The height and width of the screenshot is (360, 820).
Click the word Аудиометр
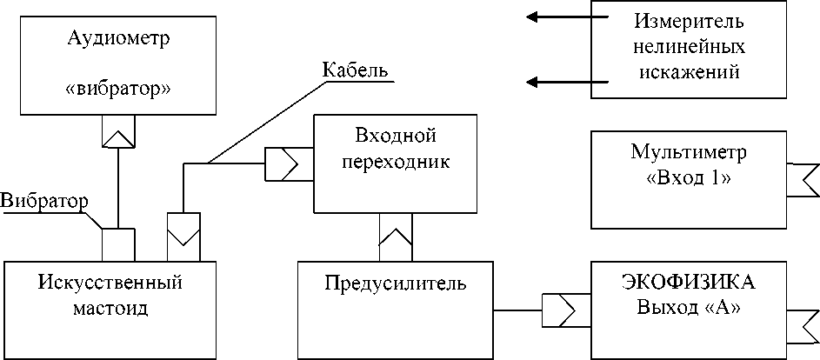click(119, 40)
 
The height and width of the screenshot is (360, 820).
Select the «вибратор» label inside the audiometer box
click(119, 89)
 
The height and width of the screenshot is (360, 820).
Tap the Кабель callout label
click(356, 70)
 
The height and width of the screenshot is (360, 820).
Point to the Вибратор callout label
click(44, 202)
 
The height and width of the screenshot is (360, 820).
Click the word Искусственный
click(110, 283)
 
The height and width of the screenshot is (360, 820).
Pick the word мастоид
click(110, 308)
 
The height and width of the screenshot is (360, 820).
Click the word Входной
click(396, 137)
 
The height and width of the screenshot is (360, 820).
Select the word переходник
click(396, 162)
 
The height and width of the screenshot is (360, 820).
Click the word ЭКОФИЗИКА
click(689, 282)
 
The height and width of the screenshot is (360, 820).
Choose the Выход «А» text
click(689, 307)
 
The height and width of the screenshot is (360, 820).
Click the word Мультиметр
click(688, 152)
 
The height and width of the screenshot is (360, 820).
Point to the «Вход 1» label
click(688, 177)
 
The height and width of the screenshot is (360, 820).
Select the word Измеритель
click(688, 23)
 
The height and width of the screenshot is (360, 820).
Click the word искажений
click(688, 71)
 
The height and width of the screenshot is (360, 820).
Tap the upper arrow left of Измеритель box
click(567, 17)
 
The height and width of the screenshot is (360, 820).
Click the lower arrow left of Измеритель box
click(567, 82)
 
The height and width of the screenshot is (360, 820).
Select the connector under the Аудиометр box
click(118, 130)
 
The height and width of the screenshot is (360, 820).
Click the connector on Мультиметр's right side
click(803, 179)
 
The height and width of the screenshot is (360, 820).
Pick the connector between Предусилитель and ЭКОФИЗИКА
click(558, 310)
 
